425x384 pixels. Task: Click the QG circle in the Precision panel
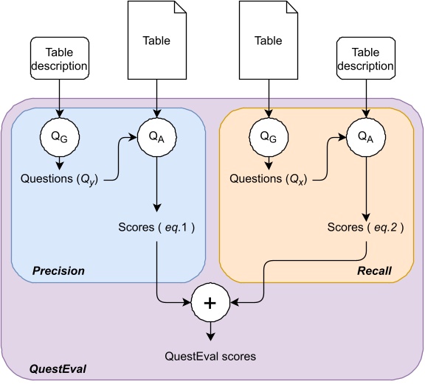pyautogui.click(x=61, y=136)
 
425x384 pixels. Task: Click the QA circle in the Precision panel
pyautogui.click(x=156, y=136)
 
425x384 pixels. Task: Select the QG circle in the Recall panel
pyautogui.click(x=269, y=136)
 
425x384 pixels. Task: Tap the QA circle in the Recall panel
pyautogui.click(x=364, y=136)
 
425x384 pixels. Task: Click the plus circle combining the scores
pyautogui.click(x=210, y=302)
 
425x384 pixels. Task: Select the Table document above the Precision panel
pyautogui.click(x=156, y=41)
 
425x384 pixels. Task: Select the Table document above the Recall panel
pyautogui.click(x=269, y=41)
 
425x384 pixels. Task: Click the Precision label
pyautogui.click(x=58, y=270)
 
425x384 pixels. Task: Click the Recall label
pyautogui.click(x=373, y=271)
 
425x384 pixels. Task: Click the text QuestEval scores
pyautogui.click(x=210, y=356)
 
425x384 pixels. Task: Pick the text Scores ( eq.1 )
pyautogui.click(x=156, y=227)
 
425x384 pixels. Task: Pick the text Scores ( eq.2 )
pyautogui.click(x=364, y=227)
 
